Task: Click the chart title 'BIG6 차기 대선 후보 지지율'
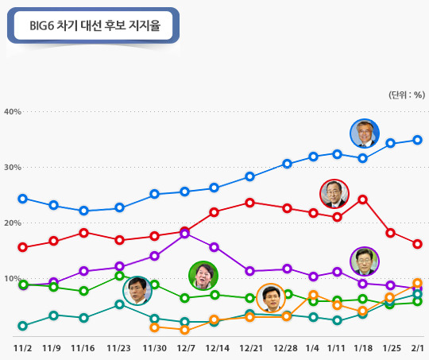pos(94,26)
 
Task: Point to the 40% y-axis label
pos(12,111)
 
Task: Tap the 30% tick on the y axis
pos(12,167)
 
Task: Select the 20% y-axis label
pos(12,223)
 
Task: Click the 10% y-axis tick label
pos(12,279)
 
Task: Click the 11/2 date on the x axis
pos(22,347)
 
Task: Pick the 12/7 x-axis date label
pos(186,347)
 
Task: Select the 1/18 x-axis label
pos(363,347)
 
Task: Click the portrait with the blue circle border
pos(365,134)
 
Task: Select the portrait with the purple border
pos(365,261)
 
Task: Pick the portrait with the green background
pos(203,275)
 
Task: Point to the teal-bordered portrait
pos(137,290)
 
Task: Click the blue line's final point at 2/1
pos(417,140)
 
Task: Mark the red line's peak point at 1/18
pos(362,199)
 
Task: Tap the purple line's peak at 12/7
pos(185,234)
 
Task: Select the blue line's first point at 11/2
pos(22,199)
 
